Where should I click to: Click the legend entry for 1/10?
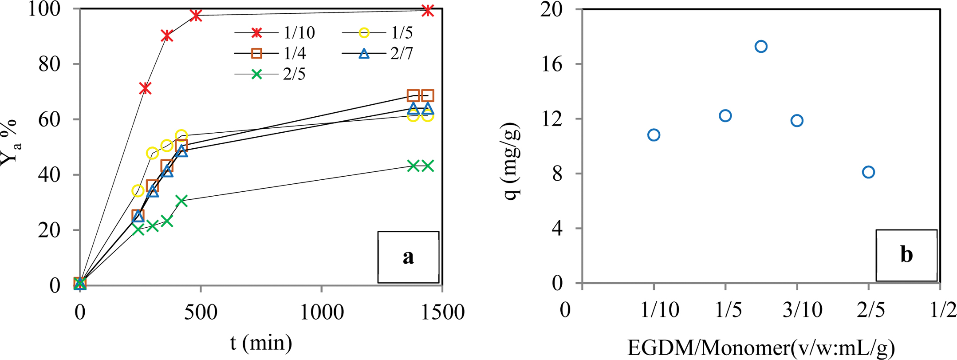(x=275, y=33)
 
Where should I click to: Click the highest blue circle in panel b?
(x=761, y=47)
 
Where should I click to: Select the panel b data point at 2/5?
(x=868, y=172)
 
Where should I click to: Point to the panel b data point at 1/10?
(x=654, y=135)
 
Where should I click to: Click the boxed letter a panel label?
(x=408, y=257)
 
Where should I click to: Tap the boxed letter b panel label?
(x=906, y=255)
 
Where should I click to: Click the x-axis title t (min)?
(x=261, y=343)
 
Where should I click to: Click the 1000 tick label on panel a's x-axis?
(x=322, y=313)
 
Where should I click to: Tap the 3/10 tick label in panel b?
(x=802, y=310)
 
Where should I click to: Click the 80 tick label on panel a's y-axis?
(x=49, y=64)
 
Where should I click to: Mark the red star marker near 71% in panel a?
(x=145, y=88)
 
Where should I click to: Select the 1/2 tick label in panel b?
(x=943, y=310)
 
